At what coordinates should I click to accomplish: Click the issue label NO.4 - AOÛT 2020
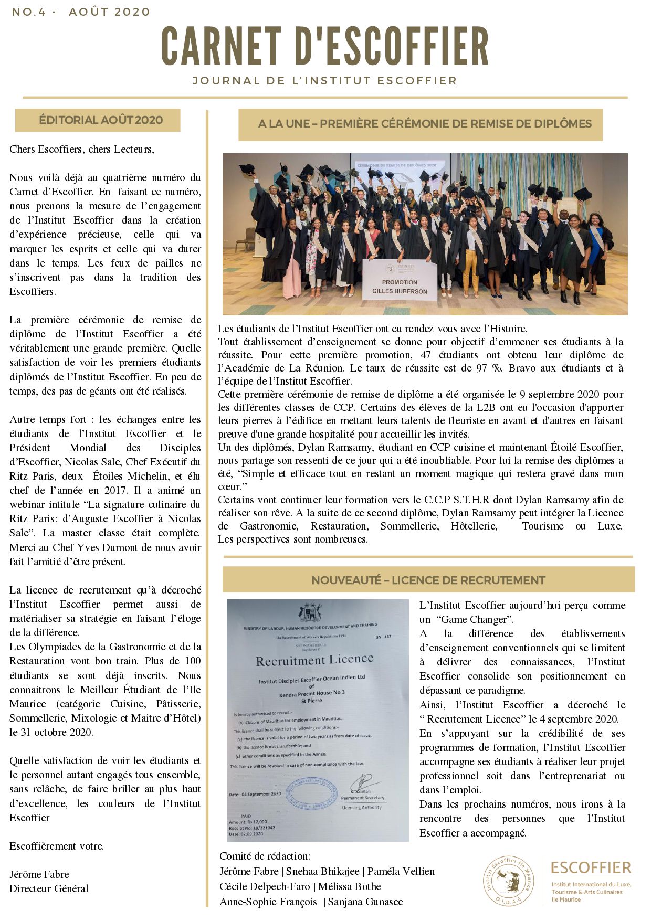click(81, 12)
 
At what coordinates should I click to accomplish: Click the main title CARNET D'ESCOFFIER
click(325, 47)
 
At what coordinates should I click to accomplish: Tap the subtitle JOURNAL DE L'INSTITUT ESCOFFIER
click(324, 81)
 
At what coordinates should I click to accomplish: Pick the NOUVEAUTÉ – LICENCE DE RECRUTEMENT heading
click(428, 580)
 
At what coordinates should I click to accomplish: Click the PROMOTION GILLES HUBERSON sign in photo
click(400, 282)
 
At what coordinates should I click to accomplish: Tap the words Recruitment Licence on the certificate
click(314, 660)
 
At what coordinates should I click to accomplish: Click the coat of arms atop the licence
click(310, 613)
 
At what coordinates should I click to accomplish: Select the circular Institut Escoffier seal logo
click(508, 881)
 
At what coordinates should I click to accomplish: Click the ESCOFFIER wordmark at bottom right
click(591, 867)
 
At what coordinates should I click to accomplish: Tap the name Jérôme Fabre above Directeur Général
click(39, 874)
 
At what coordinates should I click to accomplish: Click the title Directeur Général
click(49, 888)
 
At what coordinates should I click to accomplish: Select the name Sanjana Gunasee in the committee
click(365, 902)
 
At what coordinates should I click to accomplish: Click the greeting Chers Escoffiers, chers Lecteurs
click(82, 149)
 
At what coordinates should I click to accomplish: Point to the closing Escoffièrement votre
click(57, 846)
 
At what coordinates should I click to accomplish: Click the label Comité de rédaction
click(265, 856)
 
